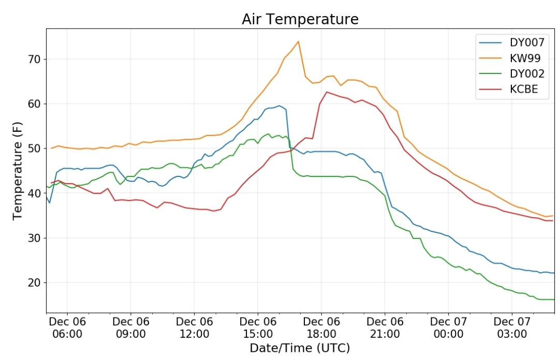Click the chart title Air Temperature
pyautogui.click(x=300, y=19)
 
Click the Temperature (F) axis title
pyautogui.click(x=18, y=171)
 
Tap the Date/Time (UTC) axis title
pyautogui.click(x=300, y=348)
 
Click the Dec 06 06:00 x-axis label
pyautogui.click(x=67, y=328)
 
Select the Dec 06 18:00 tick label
pyautogui.click(x=321, y=328)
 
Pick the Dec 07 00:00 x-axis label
pyautogui.click(x=448, y=328)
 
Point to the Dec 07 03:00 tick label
pyautogui.click(x=512, y=328)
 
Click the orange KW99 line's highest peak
pyautogui.click(x=298, y=41)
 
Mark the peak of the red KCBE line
pyautogui.click(x=327, y=92)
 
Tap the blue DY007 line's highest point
pyautogui.click(x=279, y=106)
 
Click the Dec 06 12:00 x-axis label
pyautogui.click(x=194, y=328)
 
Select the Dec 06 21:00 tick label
pyautogui.click(x=385, y=328)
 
